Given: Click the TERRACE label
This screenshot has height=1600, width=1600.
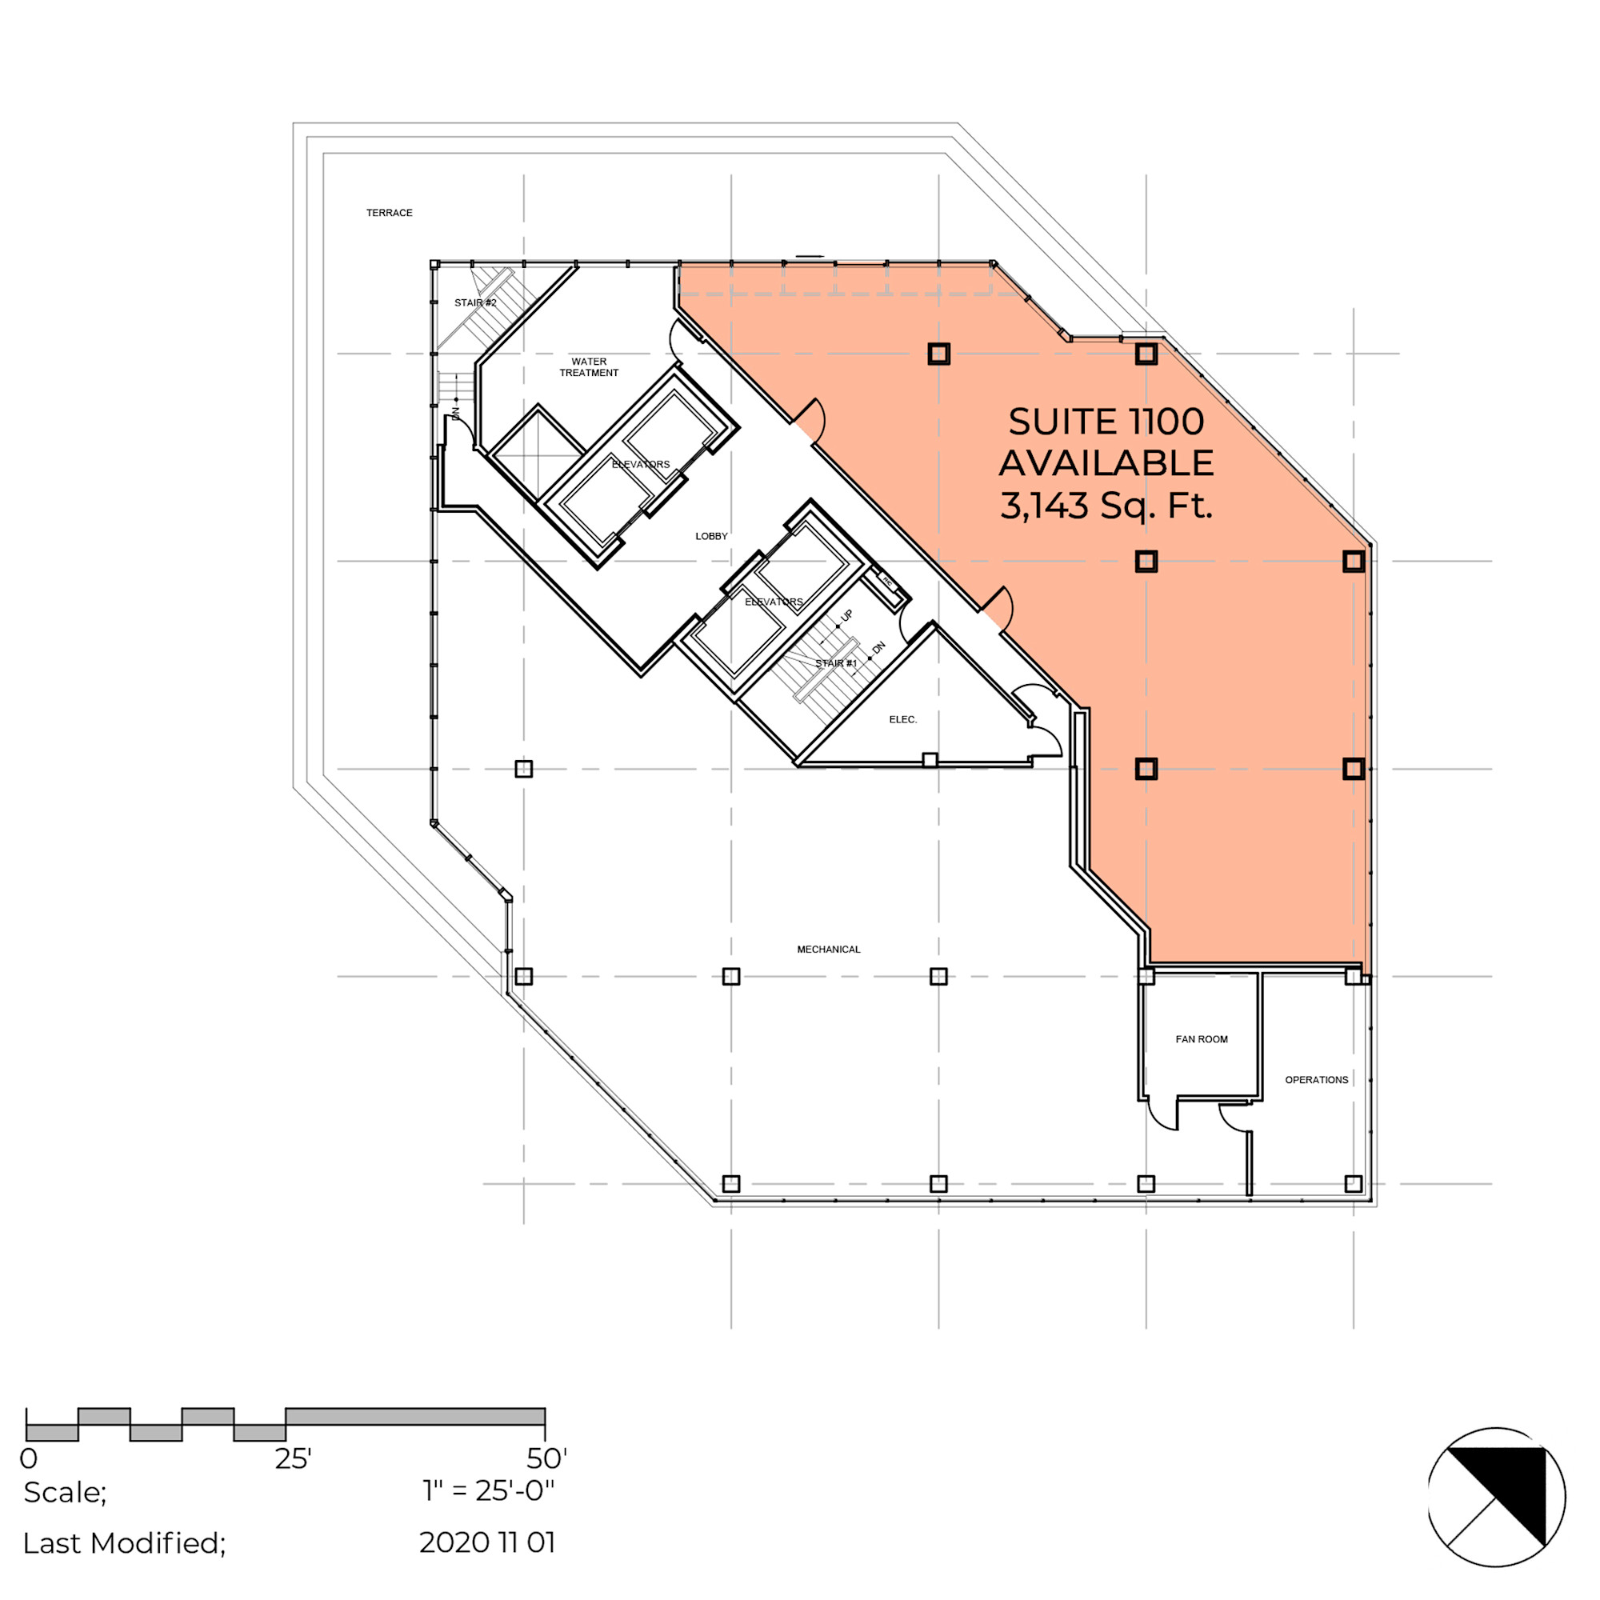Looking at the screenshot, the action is pos(390,213).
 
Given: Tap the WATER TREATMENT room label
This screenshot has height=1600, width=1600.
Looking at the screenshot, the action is pos(589,367).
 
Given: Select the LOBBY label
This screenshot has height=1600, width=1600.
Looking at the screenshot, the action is pos(711,536).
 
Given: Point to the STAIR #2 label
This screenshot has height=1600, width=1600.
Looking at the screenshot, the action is pos(475,302).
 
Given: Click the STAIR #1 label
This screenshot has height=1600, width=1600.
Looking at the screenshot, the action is pos(836,662).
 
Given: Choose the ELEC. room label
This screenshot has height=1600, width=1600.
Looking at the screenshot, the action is pos(903,719).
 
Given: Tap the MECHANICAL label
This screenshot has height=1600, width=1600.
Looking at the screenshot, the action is pos(829,949).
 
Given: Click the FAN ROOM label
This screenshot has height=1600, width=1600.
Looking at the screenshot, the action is pos(1202,1038).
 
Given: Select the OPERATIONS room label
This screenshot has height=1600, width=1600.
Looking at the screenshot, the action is pos(1317,1079).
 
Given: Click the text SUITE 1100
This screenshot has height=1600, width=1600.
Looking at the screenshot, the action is pos(1106,422).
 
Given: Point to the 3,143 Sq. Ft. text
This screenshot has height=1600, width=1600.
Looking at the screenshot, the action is pos(1106,505).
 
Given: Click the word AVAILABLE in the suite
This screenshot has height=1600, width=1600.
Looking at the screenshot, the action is pos(1106,463).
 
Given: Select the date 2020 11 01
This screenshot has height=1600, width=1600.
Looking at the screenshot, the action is pos(487,1542).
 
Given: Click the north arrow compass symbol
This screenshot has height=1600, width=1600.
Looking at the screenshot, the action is pos(1497,1497).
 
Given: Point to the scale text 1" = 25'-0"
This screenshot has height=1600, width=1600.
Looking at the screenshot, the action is pos(489,1490).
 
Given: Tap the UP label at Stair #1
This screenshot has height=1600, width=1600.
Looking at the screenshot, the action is pos(847,615).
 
